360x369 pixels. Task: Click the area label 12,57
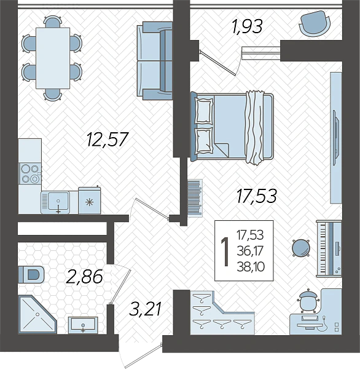tap(108, 139)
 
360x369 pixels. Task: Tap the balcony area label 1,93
tap(246, 26)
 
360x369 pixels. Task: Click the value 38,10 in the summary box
tap(251, 267)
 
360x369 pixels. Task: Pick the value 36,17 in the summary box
tap(250, 252)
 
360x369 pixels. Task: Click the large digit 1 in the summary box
tap(225, 252)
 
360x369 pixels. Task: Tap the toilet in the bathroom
tap(31, 274)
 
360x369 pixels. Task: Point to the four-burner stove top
tap(30, 173)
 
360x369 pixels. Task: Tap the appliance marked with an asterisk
tap(89, 200)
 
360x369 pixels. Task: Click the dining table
tap(53, 58)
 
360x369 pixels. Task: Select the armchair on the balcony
tap(315, 24)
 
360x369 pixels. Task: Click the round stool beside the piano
tap(301, 248)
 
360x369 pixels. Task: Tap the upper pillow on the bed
tap(203, 111)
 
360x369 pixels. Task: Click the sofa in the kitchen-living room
tap(155, 61)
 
